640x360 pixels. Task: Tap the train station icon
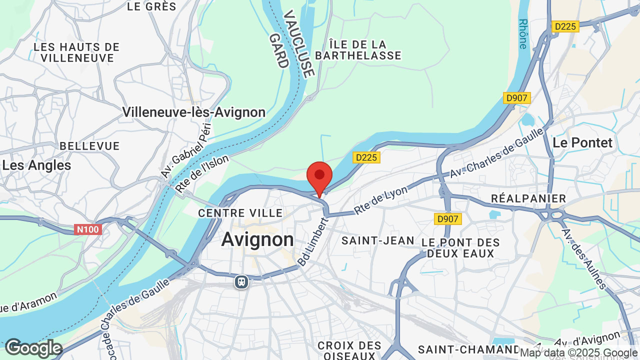tap(241, 282)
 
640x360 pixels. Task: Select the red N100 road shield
tap(88, 229)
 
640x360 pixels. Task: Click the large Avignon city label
tap(257, 239)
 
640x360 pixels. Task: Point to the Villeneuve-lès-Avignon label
tap(194, 112)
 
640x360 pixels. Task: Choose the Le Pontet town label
tap(582, 142)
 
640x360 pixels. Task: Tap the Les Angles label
tap(37, 165)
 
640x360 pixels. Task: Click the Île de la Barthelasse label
tap(358, 50)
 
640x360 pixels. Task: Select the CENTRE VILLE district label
tap(240, 213)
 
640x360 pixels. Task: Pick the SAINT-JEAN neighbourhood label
tap(378, 240)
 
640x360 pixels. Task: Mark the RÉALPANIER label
tap(528, 198)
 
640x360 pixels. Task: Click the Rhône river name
tap(523, 34)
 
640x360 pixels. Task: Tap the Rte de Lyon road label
tap(381, 199)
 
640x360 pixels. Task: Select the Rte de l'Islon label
tap(202, 173)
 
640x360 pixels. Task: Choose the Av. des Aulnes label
tap(584, 259)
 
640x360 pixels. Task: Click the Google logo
tap(33, 348)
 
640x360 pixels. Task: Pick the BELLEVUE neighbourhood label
tap(89, 146)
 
